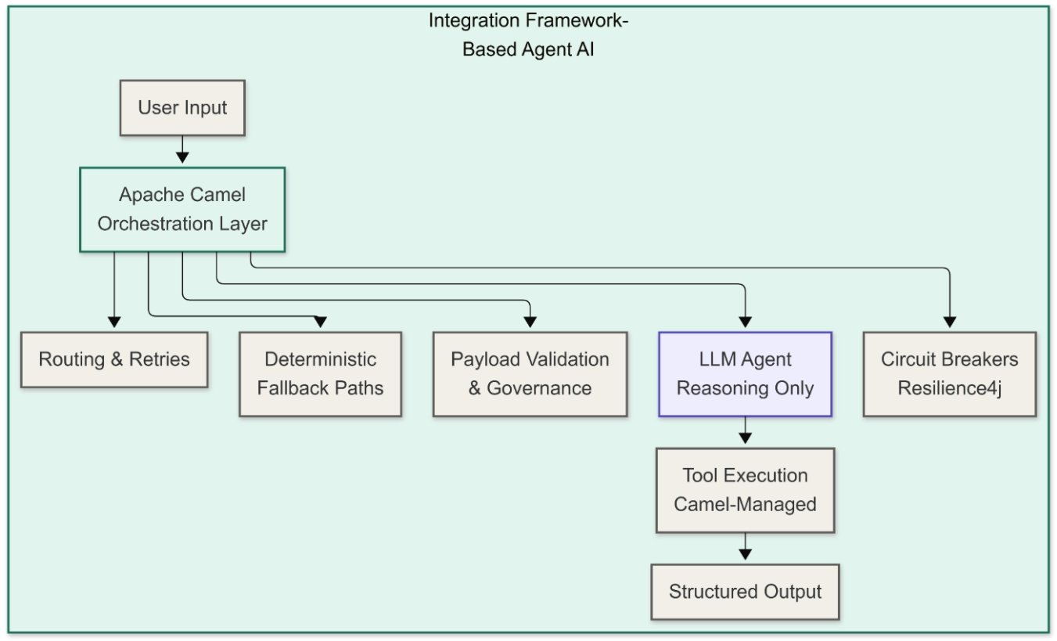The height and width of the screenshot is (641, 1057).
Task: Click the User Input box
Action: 182,107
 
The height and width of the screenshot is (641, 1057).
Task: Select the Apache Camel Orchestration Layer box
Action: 182,209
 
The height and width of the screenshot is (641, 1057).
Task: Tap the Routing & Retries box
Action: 114,359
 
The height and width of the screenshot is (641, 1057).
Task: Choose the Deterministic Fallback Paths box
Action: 320,373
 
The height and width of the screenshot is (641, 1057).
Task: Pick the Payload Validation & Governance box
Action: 530,373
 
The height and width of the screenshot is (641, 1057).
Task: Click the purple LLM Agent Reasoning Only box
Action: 745,373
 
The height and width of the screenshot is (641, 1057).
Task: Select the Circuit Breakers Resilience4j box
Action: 950,373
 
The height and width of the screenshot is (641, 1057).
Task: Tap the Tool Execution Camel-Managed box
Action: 745,490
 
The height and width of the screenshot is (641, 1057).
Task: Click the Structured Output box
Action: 745,592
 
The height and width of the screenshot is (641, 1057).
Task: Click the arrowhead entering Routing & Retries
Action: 114,321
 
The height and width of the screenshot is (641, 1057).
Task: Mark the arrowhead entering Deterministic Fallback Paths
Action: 320,321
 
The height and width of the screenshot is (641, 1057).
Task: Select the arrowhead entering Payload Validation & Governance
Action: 530,321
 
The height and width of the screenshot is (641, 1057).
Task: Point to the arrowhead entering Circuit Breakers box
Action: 950,321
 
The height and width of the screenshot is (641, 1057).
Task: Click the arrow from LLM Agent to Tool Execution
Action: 745,431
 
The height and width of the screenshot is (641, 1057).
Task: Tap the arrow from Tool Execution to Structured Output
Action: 745,548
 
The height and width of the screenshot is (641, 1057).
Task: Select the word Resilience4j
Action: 950,388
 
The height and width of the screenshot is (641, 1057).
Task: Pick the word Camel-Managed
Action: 745,505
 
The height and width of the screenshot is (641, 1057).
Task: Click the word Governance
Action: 540,388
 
